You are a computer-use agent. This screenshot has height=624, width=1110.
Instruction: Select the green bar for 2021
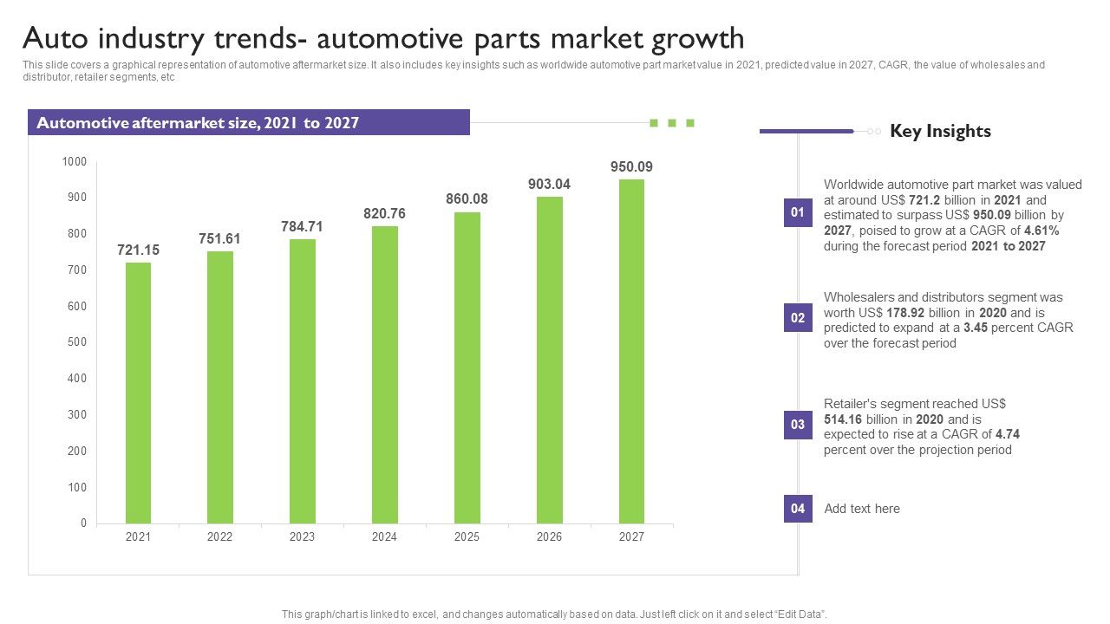coord(138,393)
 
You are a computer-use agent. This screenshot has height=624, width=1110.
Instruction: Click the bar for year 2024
coord(385,374)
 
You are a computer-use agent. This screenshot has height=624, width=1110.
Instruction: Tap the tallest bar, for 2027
coord(631,351)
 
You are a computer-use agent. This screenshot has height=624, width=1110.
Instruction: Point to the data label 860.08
coord(467,199)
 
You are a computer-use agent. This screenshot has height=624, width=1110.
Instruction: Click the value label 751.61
coord(219,239)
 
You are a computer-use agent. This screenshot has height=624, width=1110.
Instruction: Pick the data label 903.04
coord(549,185)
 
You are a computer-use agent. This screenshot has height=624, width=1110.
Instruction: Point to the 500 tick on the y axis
coord(75,342)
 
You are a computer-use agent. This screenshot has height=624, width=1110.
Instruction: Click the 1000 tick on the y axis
coord(74,162)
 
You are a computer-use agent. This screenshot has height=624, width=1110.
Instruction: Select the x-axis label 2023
coord(302,537)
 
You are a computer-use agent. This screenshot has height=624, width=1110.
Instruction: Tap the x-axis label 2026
coord(549,537)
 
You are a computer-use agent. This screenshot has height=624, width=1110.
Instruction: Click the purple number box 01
coord(798,212)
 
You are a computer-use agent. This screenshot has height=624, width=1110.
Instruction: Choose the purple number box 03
coord(798,425)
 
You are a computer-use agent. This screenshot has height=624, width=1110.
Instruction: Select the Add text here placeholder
coord(862,509)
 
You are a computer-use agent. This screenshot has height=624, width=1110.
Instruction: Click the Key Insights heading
coord(940,131)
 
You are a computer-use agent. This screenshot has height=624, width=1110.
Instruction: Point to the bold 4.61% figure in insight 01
coord(1041,231)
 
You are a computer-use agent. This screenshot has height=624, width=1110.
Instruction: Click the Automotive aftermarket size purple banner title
coord(198,123)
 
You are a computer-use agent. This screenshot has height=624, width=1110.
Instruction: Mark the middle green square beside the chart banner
coord(672,123)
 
